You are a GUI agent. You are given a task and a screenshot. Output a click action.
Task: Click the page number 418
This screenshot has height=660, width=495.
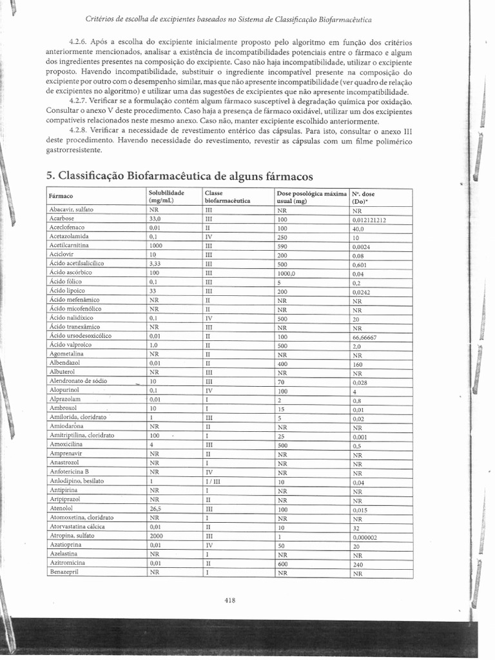tap(230, 600)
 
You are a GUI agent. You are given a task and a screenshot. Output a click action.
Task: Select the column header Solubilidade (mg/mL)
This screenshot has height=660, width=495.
tap(167, 197)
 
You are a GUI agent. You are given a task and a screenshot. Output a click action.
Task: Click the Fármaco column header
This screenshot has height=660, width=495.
tap(61, 196)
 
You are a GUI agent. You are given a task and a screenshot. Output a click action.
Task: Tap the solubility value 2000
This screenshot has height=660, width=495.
tap(157, 536)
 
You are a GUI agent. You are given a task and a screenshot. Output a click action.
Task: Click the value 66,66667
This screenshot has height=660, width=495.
tap(365, 336)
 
